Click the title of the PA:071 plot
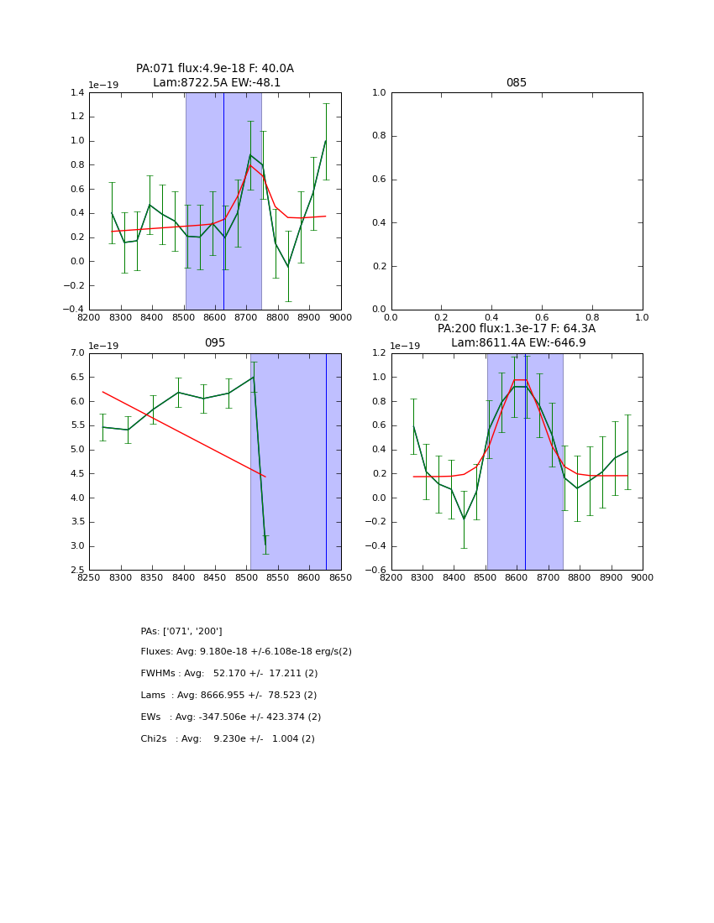(215, 76)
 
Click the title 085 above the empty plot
(516, 83)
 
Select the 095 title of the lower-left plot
(215, 343)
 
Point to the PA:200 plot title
(516, 336)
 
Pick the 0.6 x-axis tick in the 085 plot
(542, 318)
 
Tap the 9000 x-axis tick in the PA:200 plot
(643, 578)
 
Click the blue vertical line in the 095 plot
(326, 461)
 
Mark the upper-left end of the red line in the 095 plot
(103, 392)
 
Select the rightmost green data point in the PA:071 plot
(326, 141)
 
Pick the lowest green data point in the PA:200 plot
(464, 519)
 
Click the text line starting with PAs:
(181, 631)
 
